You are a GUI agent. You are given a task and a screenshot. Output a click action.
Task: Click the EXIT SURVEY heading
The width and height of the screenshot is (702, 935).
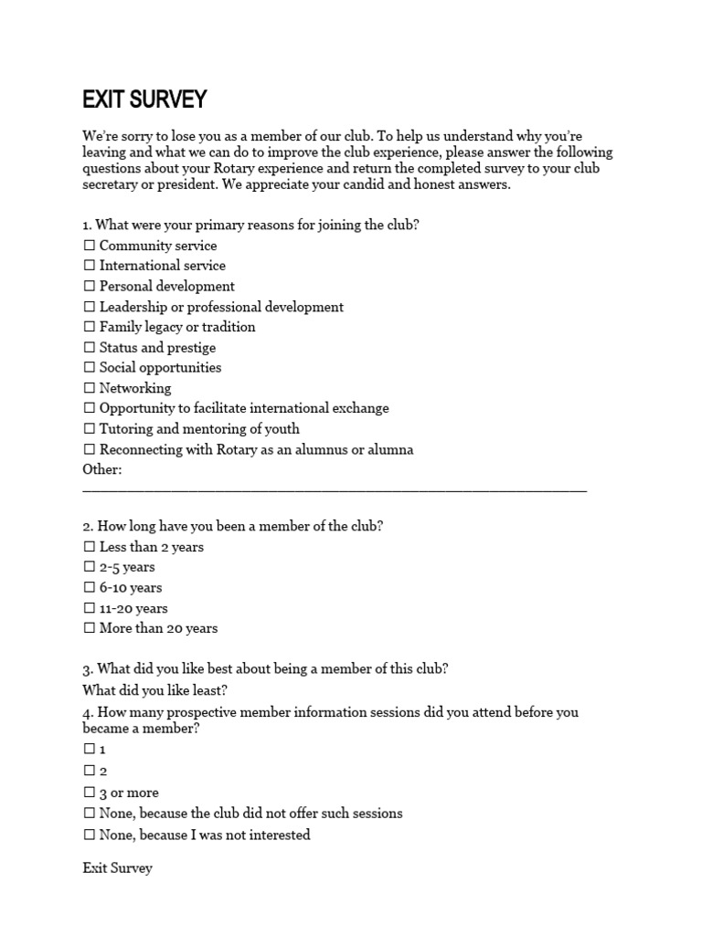click(x=144, y=99)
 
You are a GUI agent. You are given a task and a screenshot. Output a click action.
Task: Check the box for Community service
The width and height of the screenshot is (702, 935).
click(x=90, y=246)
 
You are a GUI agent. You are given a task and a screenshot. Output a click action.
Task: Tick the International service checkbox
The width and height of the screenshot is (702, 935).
click(x=90, y=266)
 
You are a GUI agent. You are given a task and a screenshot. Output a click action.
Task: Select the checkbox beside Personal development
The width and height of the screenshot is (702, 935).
click(x=90, y=287)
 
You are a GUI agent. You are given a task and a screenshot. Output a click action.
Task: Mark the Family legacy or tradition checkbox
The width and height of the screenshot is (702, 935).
click(x=90, y=327)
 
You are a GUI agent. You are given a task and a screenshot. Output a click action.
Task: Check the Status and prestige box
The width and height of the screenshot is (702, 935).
click(x=90, y=348)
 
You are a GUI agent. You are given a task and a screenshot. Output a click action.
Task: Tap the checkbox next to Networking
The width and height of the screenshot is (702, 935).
click(x=90, y=388)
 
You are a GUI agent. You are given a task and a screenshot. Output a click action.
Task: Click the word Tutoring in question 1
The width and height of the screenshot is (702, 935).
click(x=126, y=429)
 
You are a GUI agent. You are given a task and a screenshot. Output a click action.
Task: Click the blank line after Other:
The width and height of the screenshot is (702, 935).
click(x=335, y=489)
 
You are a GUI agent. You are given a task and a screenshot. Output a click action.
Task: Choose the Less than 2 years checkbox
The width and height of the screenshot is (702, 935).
click(x=90, y=547)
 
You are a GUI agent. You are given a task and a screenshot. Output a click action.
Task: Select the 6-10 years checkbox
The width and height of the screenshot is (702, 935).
click(x=90, y=588)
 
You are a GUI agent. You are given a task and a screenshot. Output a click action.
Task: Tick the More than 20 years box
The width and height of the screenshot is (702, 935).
click(x=90, y=628)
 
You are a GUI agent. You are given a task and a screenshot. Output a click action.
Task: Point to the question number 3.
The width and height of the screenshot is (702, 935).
click(x=87, y=669)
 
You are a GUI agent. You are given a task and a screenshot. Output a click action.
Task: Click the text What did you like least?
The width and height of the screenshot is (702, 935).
click(x=154, y=690)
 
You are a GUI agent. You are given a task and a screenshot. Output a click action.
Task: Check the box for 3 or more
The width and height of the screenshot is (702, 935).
click(x=90, y=793)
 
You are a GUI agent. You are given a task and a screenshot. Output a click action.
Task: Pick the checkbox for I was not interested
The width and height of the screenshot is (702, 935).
click(x=90, y=835)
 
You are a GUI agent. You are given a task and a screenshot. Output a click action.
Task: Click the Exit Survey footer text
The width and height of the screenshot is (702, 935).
click(x=117, y=868)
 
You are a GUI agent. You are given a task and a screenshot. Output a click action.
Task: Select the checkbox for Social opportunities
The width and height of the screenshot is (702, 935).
click(x=90, y=368)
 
